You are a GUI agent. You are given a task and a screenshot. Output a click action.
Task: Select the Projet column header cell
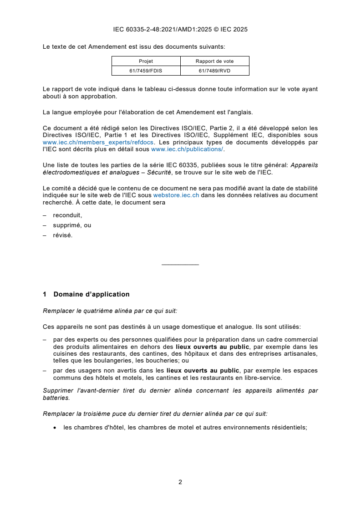point(146,61)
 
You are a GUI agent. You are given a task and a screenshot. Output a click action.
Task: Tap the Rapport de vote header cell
point(214,61)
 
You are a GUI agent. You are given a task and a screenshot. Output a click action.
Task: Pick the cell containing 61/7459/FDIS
point(146,70)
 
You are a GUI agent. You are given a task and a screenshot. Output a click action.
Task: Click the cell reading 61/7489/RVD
point(214,70)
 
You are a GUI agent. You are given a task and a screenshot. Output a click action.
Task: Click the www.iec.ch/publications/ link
point(187,149)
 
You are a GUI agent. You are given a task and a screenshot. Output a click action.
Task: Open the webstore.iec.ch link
point(176,195)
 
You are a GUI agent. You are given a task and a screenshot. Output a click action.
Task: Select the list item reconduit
point(67,215)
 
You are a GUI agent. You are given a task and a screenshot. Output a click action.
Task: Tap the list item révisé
point(62,235)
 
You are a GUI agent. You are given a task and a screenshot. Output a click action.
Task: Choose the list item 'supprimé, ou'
point(72,225)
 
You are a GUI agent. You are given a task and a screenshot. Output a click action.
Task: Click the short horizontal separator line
point(180,265)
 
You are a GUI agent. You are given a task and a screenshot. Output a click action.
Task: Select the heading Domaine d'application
point(91,294)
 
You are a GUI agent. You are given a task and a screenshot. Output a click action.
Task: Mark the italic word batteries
point(56,398)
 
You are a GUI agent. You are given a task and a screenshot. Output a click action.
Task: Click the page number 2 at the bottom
point(180,482)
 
